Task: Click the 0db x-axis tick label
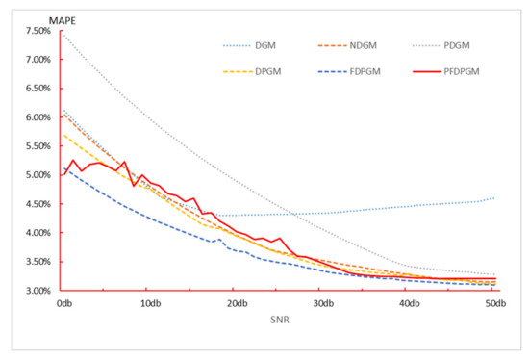point(63,304)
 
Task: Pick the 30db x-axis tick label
point(322,304)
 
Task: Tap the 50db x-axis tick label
point(496,304)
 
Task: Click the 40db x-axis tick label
point(409,304)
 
